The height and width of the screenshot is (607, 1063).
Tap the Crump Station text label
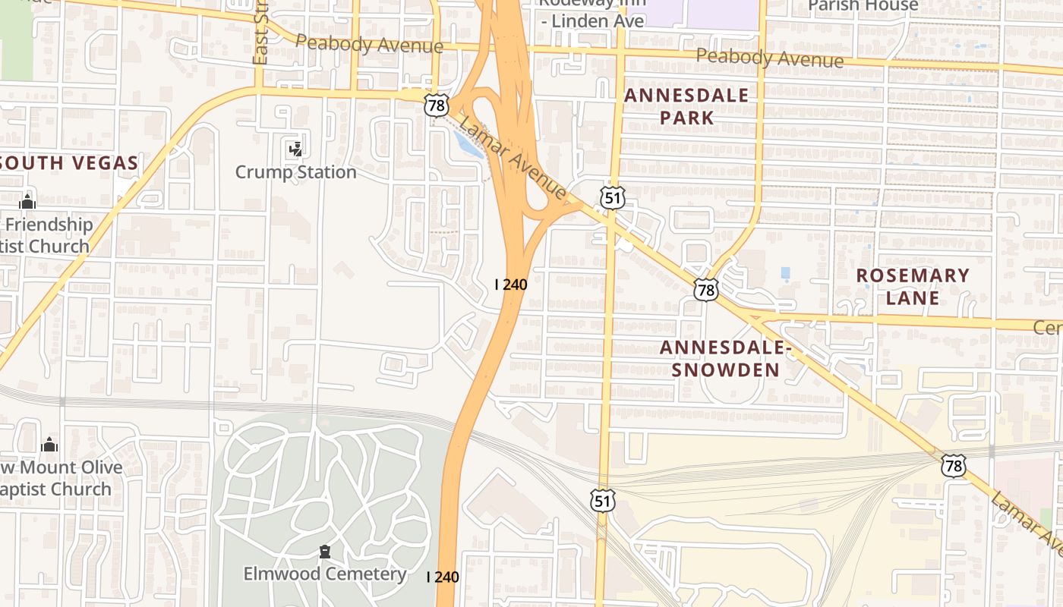coord(295,172)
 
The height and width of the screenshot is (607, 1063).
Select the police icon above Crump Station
coord(295,148)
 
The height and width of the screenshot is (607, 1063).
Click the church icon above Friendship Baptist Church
coord(28,202)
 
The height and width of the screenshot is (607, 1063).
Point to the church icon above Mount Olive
coord(49,445)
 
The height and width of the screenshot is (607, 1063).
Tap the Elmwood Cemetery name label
coord(324,574)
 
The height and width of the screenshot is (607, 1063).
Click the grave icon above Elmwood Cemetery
coord(325,552)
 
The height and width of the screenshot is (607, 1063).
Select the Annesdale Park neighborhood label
coord(686,106)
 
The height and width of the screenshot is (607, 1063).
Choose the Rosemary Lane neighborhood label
coord(913,286)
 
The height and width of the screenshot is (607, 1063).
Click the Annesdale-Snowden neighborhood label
coord(725,359)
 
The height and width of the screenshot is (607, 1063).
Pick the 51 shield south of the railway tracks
coord(603,501)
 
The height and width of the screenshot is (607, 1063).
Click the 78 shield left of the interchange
coord(437,105)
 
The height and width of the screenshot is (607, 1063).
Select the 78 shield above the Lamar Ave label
coord(954,465)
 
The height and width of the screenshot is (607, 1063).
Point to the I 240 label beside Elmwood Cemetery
coord(443,577)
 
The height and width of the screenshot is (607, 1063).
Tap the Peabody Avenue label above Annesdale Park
coord(769,58)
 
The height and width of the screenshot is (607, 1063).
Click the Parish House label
coord(863,6)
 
